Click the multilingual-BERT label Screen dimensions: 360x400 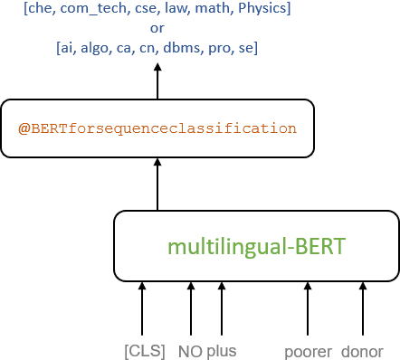pyautogui.click(x=256, y=245)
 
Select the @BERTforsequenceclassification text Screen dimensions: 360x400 pyautogui.click(x=157, y=128)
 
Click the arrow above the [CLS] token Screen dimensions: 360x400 pyautogui.click(x=142, y=309)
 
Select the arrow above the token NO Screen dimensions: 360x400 pyautogui.click(x=191, y=309)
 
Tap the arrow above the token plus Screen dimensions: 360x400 pyautogui.click(x=222, y=309)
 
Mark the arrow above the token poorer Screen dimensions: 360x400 pyautogui.click(x=309, y=309)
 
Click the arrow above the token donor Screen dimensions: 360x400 pyautogui.click(x=364, y=309)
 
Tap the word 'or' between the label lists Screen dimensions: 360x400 pyautogui.click(x=157, y=28)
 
